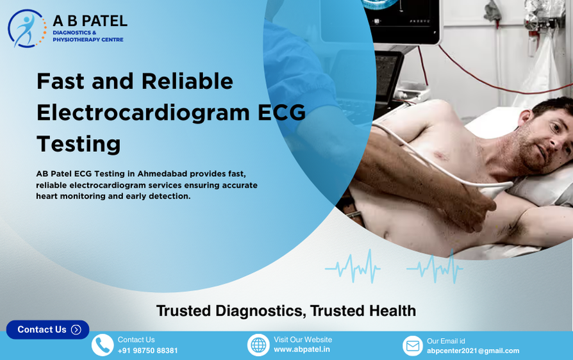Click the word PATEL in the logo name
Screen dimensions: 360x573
[x=104, y=21]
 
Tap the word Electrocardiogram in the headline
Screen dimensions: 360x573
[x=143, y=112]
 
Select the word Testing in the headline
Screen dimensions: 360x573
[x=78, y=143]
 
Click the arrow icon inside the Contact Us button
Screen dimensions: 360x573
[x=76, y=330]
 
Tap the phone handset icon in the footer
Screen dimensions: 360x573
[x=103, y=345]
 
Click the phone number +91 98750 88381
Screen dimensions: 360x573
[x=147, y=351]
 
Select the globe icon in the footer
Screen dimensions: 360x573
[x=258, y=345]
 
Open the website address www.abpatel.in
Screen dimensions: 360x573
[x=302, y=350]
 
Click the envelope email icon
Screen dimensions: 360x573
[x=413, y=346]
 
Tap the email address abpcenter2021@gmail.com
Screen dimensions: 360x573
[x=473, y=351]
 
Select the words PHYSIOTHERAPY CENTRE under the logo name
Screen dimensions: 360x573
[x=88, y=40]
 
